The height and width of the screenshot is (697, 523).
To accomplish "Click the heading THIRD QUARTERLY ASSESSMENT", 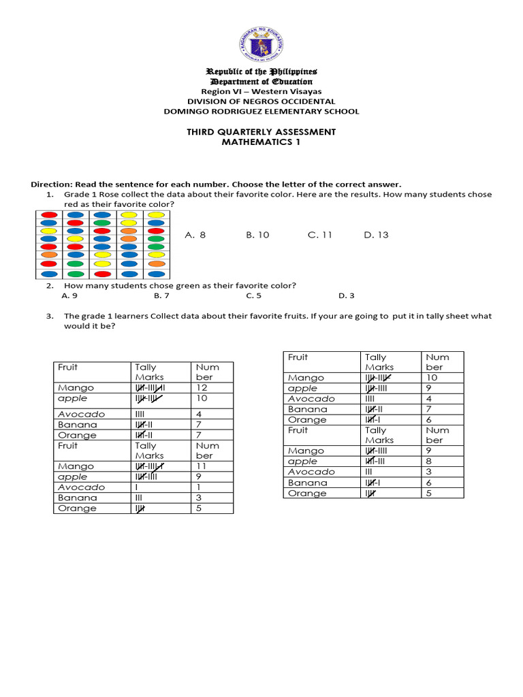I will pyautogui.click(x=261, y=131).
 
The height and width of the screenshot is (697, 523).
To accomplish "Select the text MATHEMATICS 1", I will pyautogui.click(x=261, y=142).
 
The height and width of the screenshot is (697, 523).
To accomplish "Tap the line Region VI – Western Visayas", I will pyautogui.click(x=261, y=91).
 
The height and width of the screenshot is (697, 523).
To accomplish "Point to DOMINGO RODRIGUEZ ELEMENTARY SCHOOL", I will pyautogui.click(x=261, y=111).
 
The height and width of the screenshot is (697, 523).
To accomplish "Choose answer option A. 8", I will pyautogui.click(x=195, y=235).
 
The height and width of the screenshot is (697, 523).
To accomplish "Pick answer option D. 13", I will pyautogui.click(x=376, y=235).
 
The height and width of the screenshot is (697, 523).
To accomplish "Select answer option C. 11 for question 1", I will pyautogui.click(x=319, y=235).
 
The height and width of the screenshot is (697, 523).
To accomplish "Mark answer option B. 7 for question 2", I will pyautogui.click(x=161, y=295).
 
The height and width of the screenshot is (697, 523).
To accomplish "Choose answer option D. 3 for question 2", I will pyautogui.click(x=346, y=295).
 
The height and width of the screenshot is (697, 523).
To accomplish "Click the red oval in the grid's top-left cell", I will pyautogui.click(x=48, y=214).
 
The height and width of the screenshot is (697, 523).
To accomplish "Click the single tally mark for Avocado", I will pyautogui.click(x=138, y=487).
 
